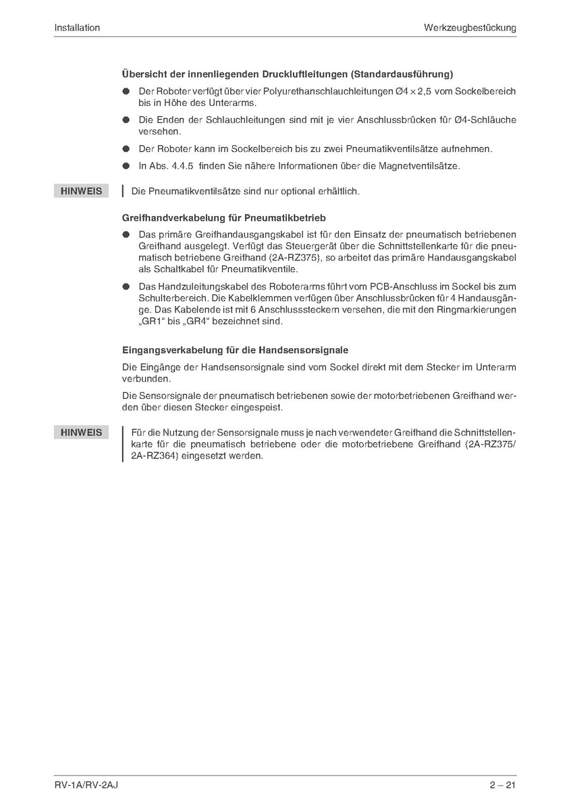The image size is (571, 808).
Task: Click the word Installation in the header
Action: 77,28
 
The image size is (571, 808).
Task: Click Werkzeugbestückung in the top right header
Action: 470,28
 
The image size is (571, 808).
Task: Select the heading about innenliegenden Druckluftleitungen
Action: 287,74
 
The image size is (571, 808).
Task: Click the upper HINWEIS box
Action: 81,191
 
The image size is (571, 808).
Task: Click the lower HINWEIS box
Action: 81,432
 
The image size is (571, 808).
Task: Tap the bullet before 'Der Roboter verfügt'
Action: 126,91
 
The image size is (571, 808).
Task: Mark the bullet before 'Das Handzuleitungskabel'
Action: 126,286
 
